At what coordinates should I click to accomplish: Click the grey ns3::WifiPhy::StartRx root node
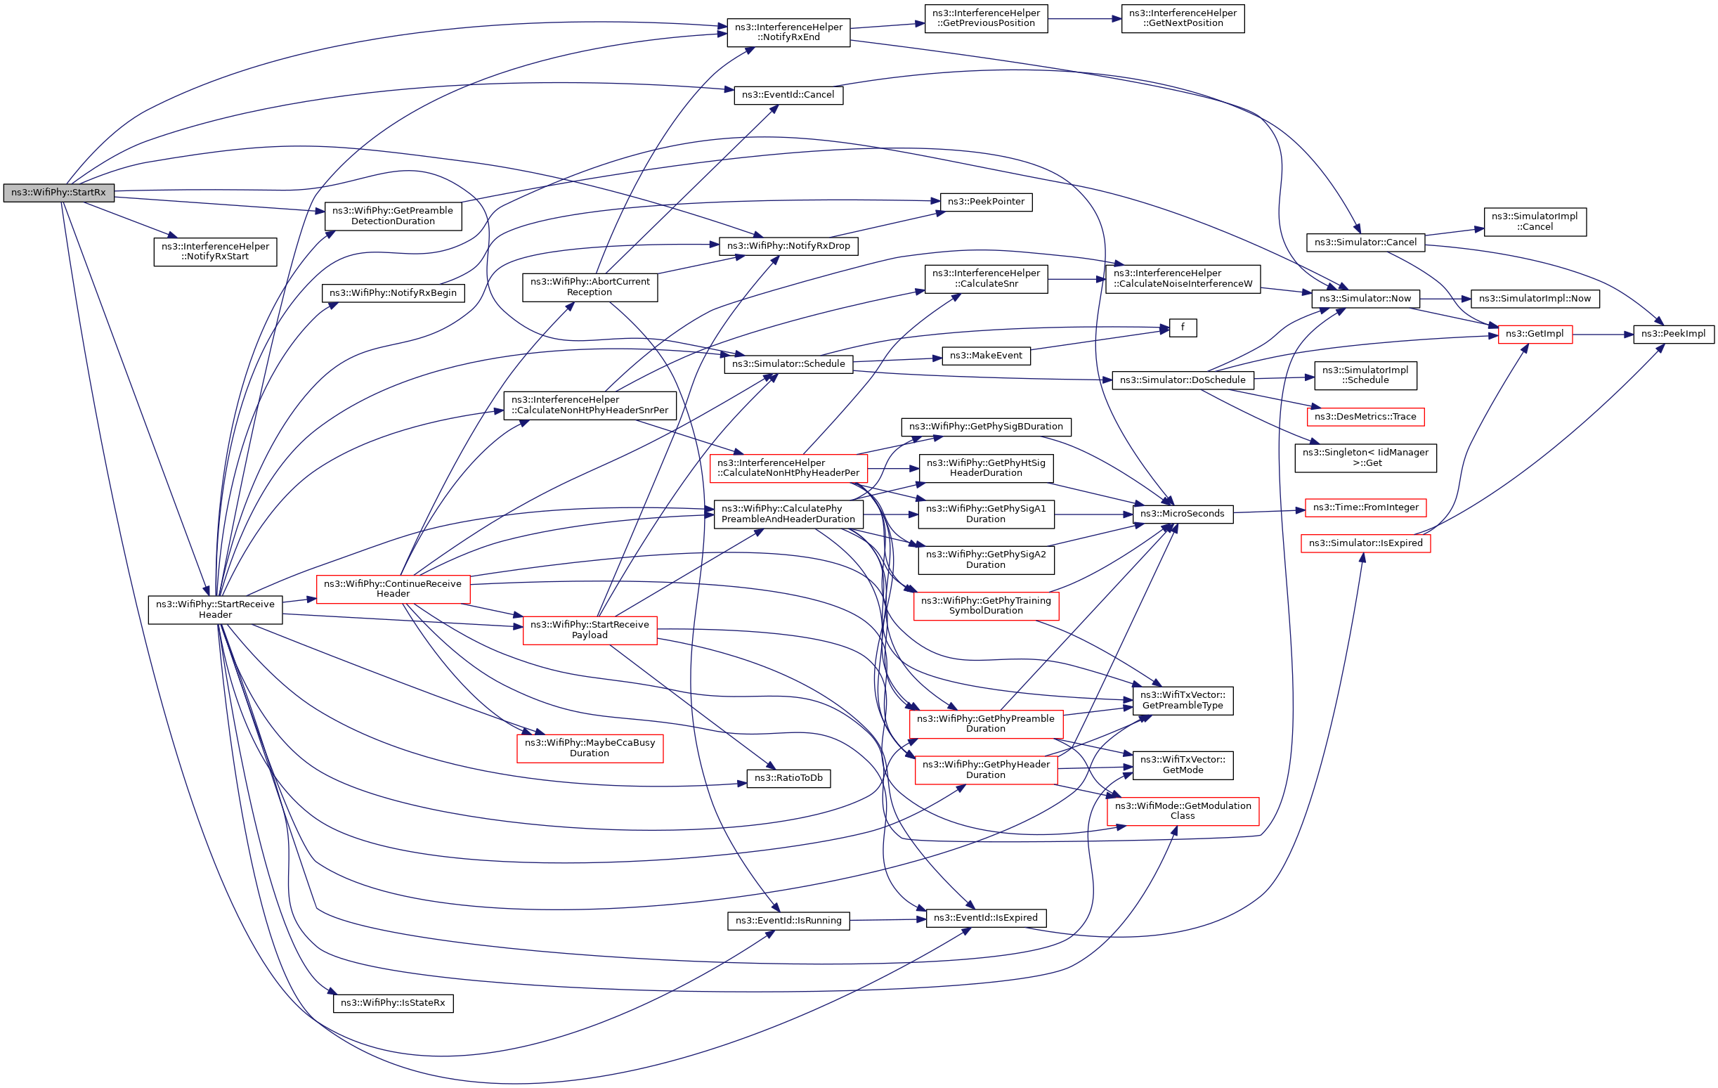click(58, 193)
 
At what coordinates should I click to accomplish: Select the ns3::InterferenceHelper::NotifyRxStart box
click(215, 252)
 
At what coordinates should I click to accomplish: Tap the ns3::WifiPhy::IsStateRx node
click(392, 1002)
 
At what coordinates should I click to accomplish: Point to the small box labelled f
click(1182, 328)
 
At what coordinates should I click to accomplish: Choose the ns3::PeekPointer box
click(985, 202)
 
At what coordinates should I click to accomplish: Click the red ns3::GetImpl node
click(1535, 334)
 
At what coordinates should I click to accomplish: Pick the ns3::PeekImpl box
click(1673, 334)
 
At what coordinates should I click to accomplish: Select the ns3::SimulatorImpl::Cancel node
click(1535, 222)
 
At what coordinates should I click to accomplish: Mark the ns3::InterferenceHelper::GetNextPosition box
click(1182, 18)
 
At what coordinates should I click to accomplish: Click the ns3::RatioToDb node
click(788, 777)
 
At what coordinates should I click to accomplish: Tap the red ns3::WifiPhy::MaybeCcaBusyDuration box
click(590, 748)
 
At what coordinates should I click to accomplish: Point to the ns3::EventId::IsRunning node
click(788, 920)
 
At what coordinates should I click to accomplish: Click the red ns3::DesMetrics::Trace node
click(1365, 417)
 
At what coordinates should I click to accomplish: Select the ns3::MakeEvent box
click(985, 356)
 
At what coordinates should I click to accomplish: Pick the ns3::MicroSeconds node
click(1182, 514)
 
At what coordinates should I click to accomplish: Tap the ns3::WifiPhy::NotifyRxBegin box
click(392, 293)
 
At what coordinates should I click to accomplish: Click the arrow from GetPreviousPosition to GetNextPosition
click(1084, 18)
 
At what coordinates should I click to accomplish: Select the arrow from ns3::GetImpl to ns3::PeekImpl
click(1603, 334)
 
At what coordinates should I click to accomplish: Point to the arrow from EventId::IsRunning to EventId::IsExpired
click(887, 919)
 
